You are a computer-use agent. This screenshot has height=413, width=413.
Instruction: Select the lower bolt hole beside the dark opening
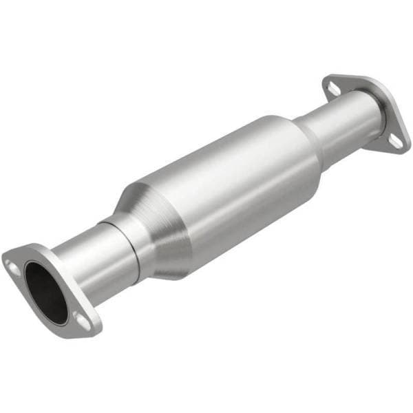tap(81, 320)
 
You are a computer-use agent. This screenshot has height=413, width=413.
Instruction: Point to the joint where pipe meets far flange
tap(375, 117)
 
